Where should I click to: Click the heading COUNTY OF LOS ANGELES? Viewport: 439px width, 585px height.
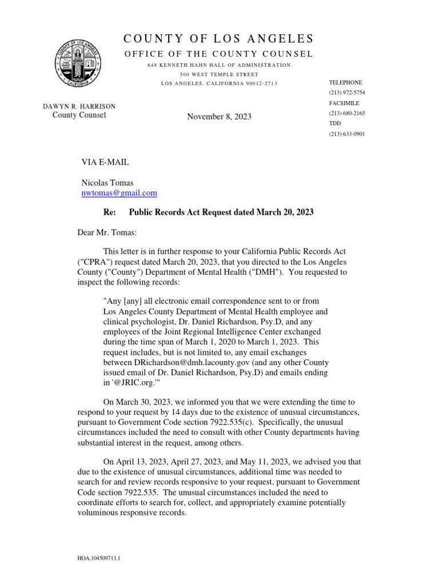tap(219, 39)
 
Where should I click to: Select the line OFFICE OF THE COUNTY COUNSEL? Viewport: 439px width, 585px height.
tap(219, 54)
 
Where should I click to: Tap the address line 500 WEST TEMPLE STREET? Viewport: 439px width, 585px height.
tap(219, 74)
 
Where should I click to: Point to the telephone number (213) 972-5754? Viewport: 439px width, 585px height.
tap(346, 93)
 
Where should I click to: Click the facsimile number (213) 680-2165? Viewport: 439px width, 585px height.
tap(346, 113)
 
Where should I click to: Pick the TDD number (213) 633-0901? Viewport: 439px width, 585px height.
tap(346, 134)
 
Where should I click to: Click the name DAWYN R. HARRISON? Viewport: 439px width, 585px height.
tap(79, 106)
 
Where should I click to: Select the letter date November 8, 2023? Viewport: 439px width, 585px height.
tap(219, 117)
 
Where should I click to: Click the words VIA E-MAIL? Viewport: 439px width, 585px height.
tap(105, 162)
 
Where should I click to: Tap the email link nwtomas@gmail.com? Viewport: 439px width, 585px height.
tap(119, 193)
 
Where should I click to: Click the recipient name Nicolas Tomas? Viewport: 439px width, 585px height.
tap(107, 183)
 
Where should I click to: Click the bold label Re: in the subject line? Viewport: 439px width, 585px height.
tap(109, 212)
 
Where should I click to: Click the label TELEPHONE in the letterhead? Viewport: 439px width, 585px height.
tap(346, 82)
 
